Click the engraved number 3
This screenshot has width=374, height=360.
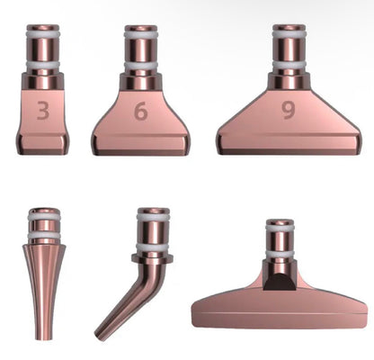pyautogui.click(x=43, y=110)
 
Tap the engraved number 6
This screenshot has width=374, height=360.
pyautogui.click(x=141, y=111)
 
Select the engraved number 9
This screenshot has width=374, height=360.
pyautogui.click(x=288, y=110)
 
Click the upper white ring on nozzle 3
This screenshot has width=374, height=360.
pyautogui.click(x=43, y=33)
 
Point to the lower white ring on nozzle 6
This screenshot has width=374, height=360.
pyautogui.click(x=141, y=66)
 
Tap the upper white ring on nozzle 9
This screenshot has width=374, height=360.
pyautogui.click(x=289, y=33)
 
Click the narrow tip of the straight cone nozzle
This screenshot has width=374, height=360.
pyautogui.click(x=44, y=339)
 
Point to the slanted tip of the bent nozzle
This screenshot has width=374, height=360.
pyautogui.click(x=99, y=336)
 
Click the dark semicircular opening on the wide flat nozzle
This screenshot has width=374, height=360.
pyautogui.click(x=280, y=282)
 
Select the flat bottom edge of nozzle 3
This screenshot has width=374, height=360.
pyautogui.click(x=41, y=153)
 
